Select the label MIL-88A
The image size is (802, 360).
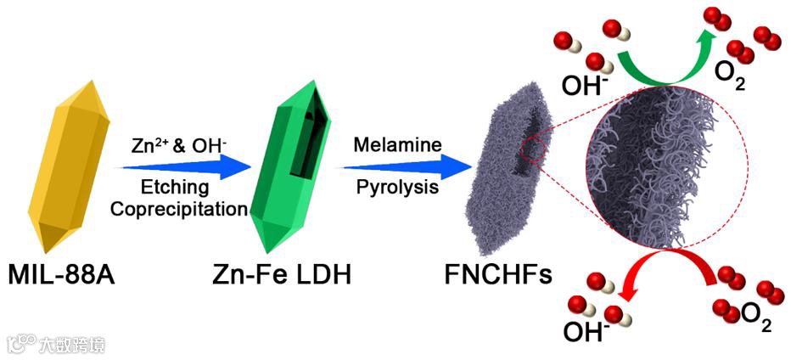(65, 277)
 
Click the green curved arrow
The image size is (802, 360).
(671, 59)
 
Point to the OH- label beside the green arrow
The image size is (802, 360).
(585, 85)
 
